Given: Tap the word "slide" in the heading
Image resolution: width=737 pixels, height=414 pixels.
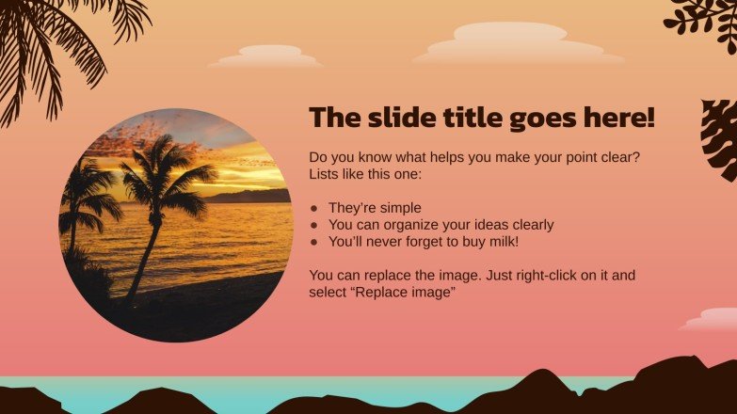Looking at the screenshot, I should [x=395, y=119].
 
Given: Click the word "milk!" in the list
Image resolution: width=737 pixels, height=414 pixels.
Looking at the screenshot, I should [x=497, y=242].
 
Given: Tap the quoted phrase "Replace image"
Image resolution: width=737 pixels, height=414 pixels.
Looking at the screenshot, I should [x=401, y=293].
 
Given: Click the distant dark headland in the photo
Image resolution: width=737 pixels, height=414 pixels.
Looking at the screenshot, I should [x=249, y=196].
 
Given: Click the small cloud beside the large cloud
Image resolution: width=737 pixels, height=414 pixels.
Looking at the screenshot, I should [x=268, y=56].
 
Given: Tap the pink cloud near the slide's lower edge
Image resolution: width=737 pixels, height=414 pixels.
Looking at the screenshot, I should [x=711, y=320].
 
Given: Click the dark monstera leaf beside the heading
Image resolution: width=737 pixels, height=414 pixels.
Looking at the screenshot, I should [x=720, y=139].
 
